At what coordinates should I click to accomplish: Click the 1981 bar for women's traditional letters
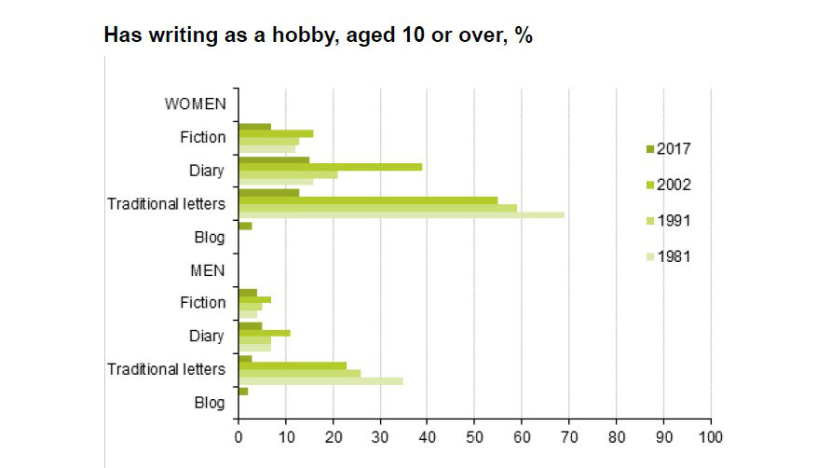pyautogui.click(x=402, y=215)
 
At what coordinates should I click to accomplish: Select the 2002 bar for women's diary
pyautogui.click(x=330, y=167)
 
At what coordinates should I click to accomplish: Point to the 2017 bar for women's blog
pyautogui.click(x=245, y=226)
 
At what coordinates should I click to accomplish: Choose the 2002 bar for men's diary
pyautogui.click(x=264, y=332)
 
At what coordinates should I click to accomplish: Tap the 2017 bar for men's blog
pyautogui.click(x=243, y=391)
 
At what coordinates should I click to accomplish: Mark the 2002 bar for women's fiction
pyautogui.click(x=276, y=133)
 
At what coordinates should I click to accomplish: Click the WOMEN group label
pyautogui.click(x=195, y=103)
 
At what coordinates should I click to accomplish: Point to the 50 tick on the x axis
pyautogui.click(x=474, y=435)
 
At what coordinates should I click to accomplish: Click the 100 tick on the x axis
pyautogui.click(x=711, y=435)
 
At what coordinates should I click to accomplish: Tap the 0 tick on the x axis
pyautogui.click(x=238, y=435)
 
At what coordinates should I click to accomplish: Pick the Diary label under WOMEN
pyautogui.click(x=206, y=171)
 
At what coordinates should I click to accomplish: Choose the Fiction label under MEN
pyautogui.click(x=202, y=303)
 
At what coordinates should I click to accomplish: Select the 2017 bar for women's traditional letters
pyautogui.click(x=268, y=193)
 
